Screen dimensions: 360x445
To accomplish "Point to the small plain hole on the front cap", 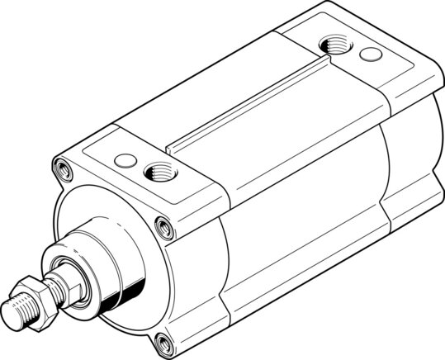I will (x=125, y=159).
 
